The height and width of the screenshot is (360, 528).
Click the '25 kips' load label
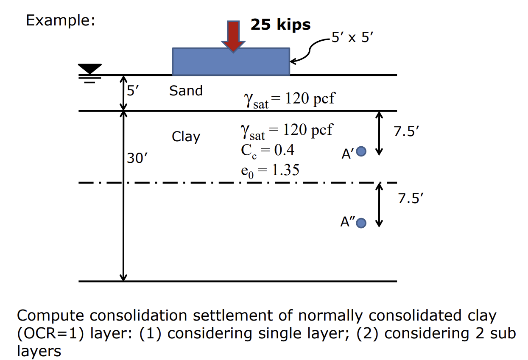pos(280,25)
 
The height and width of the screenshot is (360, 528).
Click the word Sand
pos(186,91)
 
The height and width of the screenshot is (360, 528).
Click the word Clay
pos(186,137)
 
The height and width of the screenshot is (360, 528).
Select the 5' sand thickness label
pos(132,90)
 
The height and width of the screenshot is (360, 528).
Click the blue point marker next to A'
pos(361,151)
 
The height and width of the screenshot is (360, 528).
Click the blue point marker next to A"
pos(361,223)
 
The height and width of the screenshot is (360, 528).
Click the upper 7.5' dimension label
pos(406,132)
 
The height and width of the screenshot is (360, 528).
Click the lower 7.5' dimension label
pos(410,198)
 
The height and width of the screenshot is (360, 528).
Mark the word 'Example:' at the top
pos(60,20)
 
